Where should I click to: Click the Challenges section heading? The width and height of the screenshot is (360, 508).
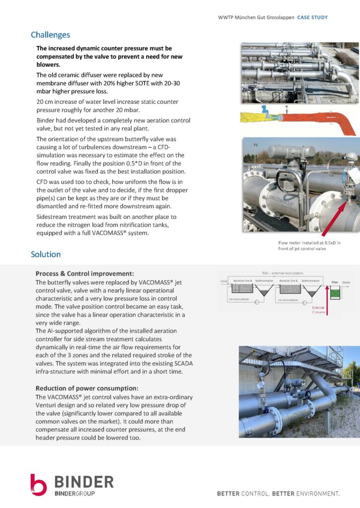(50, 35)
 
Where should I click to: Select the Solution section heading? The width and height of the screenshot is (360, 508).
(46, 254)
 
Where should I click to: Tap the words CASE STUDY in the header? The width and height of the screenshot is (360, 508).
(312, 17)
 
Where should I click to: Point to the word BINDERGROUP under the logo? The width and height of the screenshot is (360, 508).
(74, 493)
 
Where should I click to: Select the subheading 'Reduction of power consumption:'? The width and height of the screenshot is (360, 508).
(87, 388)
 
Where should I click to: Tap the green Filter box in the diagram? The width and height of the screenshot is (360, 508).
(335, 293)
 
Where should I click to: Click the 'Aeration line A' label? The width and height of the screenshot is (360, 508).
(243, 281)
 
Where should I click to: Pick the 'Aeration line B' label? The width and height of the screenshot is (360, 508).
(289, 281)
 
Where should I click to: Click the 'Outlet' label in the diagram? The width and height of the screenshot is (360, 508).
(346, 282)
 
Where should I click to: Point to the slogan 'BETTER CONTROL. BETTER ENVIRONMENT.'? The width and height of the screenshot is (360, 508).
(278, 494)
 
